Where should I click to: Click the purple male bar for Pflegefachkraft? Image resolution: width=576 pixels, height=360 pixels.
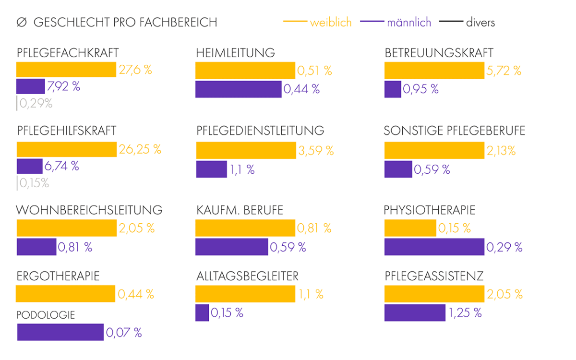click(30, 86)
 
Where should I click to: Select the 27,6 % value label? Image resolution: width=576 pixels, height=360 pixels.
click(135, 70)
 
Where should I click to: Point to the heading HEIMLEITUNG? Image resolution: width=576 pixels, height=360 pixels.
click(235, 53)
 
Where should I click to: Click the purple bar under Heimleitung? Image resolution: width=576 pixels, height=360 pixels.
click(238, 89)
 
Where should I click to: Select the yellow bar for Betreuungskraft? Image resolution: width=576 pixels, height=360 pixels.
click(434, 71)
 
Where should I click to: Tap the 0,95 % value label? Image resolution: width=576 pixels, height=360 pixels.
click(420, 89)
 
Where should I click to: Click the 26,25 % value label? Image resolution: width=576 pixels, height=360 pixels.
click(140, 149)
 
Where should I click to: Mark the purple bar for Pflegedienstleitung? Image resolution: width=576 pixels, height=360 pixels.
click(211, 169)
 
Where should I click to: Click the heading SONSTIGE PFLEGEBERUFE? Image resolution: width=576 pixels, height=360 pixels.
click(454, 131)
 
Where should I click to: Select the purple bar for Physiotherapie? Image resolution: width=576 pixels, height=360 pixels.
click(434, 247)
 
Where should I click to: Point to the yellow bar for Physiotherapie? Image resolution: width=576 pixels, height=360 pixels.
click(410, 228)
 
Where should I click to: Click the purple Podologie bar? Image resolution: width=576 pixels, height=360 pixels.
click(60, 332)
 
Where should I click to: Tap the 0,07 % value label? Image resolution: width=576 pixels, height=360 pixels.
click(124, 332)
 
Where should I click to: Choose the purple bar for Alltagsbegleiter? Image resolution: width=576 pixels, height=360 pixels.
click(202, 313)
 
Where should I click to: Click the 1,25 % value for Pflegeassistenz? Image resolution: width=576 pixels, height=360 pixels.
click(465, 313)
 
